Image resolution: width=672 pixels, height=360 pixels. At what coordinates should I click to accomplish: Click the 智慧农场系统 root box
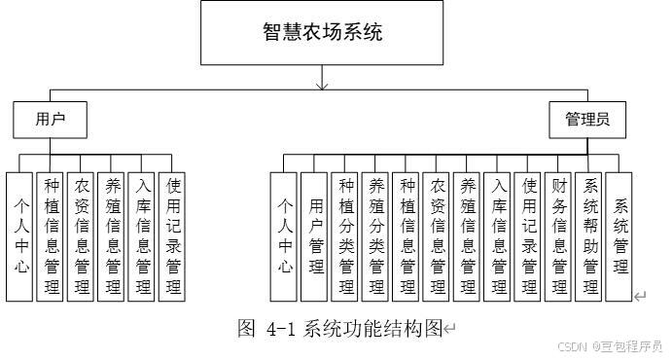click(323, 33)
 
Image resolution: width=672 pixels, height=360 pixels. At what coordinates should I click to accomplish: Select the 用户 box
click(49, 121)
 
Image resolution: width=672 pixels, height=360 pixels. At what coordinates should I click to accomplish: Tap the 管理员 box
click(587, 121)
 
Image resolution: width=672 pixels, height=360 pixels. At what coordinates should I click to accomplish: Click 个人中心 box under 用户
click(19, 235)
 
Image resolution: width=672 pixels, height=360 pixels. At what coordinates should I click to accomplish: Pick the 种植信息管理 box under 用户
click(51, 235)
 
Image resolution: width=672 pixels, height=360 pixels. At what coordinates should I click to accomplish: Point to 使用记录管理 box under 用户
click(172, 235)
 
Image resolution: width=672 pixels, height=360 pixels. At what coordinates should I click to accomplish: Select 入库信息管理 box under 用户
click(142, 235)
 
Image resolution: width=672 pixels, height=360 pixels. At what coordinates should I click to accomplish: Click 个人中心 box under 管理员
click(285, 235)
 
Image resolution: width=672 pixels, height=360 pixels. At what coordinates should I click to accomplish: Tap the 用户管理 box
click(315, 235)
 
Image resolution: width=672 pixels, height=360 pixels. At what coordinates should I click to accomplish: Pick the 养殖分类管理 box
click(376, 235)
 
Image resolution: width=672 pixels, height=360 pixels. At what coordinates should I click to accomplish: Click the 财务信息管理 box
click(559, 235)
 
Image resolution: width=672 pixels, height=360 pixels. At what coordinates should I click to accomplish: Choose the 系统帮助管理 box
click(589, 235)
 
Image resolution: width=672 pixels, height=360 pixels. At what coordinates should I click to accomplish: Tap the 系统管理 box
click(619, 235)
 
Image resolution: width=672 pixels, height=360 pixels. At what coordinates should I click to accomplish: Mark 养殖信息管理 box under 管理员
click(468, 235)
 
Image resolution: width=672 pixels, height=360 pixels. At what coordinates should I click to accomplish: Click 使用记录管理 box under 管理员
click(529, 235)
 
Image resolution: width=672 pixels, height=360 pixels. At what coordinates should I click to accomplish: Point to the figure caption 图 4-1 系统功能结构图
click(340, 328)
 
